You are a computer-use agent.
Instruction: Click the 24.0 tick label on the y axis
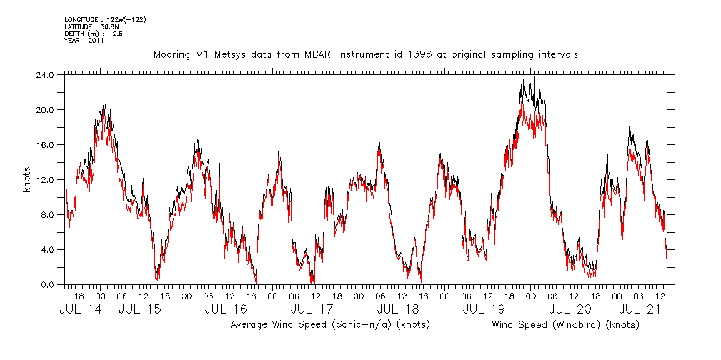pos(44,74)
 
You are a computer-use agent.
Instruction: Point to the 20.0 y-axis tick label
pos(44,109)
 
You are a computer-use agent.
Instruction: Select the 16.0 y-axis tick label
pos(44,144)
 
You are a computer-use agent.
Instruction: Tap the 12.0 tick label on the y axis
pos(44,179)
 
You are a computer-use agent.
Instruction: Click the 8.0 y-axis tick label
pos(46,214)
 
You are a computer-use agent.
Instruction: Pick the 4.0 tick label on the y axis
pos(46,249)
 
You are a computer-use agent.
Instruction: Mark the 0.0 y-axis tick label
pos(46,284)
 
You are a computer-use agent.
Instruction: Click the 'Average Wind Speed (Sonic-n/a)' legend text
pos(329,325)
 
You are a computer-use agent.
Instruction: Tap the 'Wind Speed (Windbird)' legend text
pos(565,325)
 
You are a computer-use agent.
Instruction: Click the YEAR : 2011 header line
pos(84,40)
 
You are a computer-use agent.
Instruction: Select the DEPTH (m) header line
pos(93,33)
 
